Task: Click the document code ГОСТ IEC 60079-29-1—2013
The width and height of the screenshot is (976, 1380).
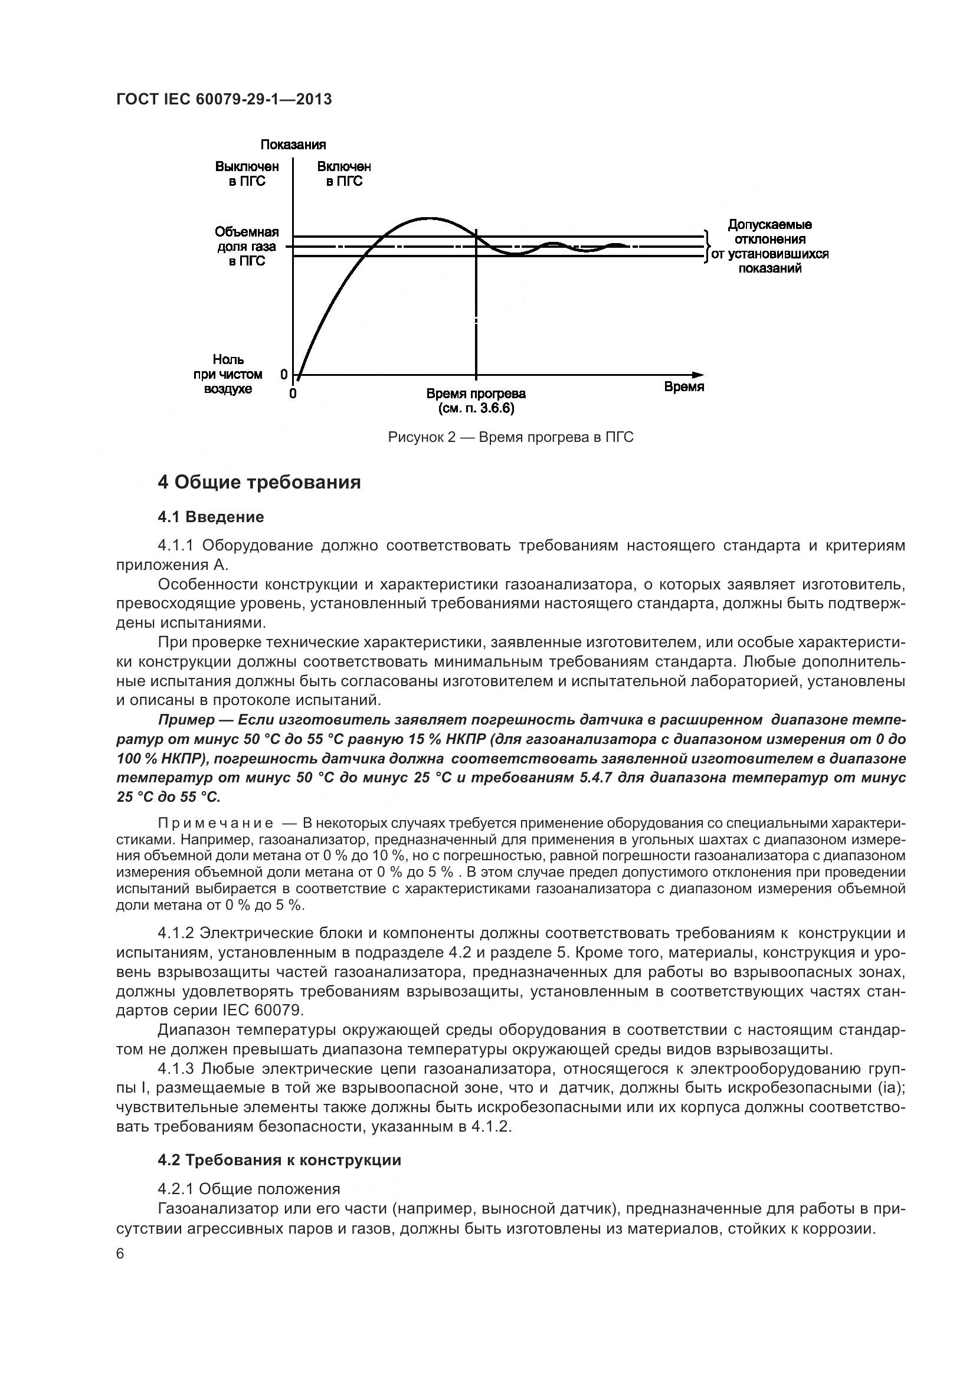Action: [224, 100]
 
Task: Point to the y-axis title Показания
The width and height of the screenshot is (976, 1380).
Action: [293, 145]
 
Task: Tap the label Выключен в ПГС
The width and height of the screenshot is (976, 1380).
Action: [247, 174]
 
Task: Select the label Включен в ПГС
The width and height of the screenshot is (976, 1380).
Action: [345, 174]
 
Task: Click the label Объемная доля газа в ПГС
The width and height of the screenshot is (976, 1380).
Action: [247, 247]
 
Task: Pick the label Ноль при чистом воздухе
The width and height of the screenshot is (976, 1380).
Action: [228, 375]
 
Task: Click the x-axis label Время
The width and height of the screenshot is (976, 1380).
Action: [684, 387]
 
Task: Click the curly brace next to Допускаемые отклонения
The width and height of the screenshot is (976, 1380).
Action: [708, 247]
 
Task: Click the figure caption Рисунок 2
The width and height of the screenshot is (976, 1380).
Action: [511, 438]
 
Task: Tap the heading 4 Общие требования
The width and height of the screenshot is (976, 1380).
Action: [259, 483]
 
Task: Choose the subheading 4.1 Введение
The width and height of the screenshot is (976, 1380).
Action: [211, 517]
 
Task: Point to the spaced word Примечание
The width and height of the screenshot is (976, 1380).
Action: [216, 823]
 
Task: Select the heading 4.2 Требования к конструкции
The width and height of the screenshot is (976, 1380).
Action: [280, 1160]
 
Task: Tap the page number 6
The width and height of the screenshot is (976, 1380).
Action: [120, 1254]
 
